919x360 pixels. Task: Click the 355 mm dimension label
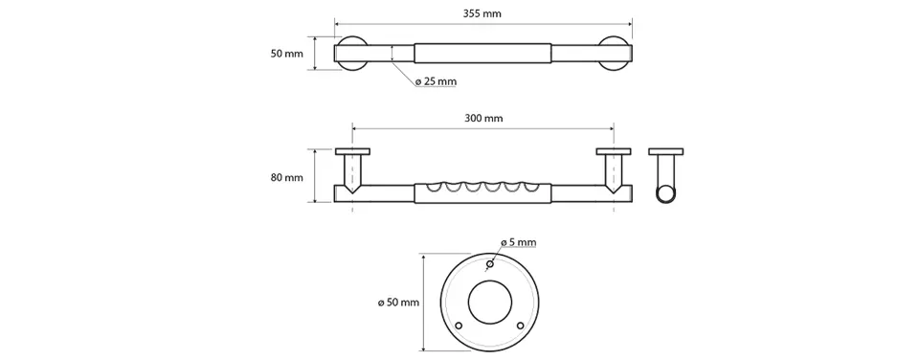tap(482, 13)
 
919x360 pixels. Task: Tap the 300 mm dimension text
tap(484, 119)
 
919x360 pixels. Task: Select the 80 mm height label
tap(286, 177)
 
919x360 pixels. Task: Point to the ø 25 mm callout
tap(436, 82)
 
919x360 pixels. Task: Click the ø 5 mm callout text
tap(518, 242)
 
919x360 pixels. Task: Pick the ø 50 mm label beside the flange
tap(399, 303)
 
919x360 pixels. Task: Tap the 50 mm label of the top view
tap(286, 54)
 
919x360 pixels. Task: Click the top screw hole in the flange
tap(489, 264)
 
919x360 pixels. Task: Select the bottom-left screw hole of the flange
tap(459, 325)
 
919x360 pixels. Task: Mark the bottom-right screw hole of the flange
tap(520, 325)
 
